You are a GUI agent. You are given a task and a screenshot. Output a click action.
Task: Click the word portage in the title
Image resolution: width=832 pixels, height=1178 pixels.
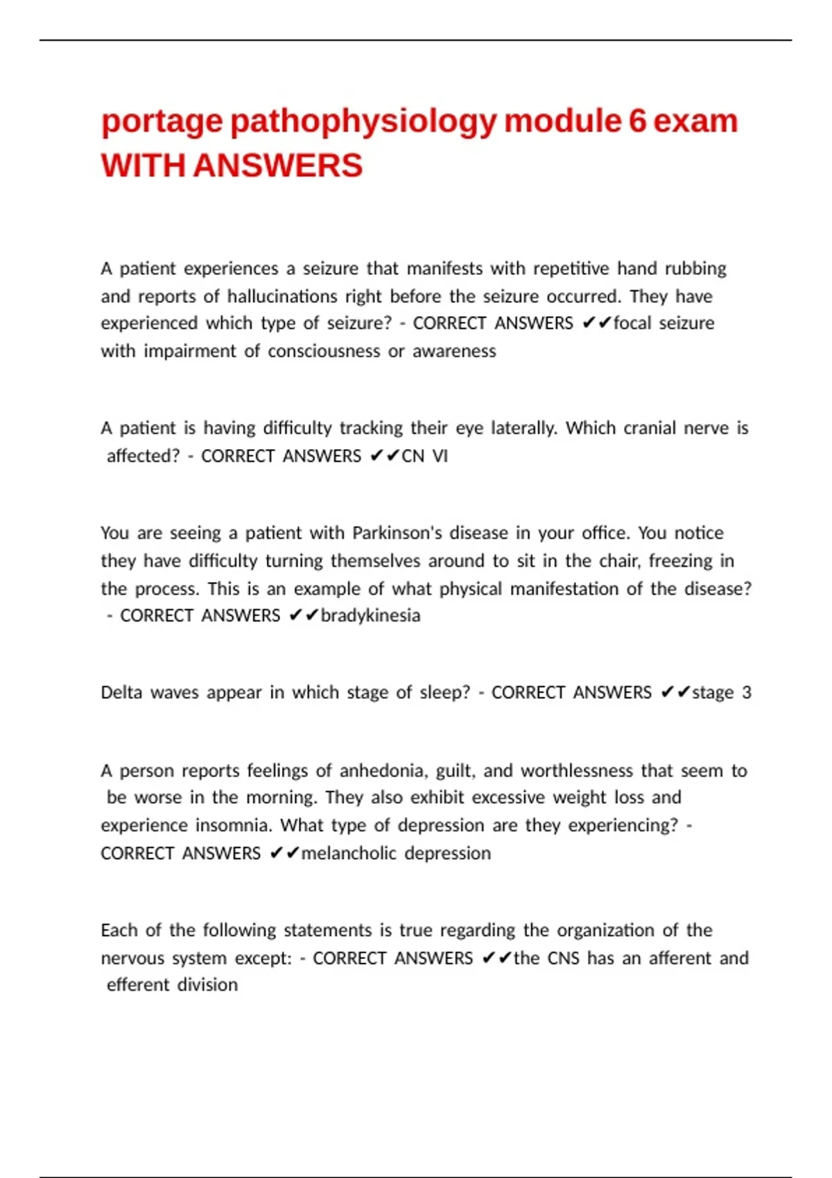[x=162, y=123]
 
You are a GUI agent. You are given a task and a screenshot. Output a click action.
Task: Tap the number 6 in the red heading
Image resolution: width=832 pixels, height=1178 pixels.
[x=638, y=121]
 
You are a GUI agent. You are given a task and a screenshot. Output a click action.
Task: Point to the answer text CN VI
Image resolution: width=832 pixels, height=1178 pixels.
[x=424, y=456]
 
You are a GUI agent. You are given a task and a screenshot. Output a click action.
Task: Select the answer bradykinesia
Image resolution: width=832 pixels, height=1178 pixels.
[x=370, y=615]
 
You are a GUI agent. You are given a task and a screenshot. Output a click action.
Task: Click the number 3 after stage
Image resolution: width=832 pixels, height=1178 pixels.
[x=746, y=692]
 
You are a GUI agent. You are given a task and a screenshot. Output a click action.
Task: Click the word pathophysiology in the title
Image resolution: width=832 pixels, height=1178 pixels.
[x=363, y=123]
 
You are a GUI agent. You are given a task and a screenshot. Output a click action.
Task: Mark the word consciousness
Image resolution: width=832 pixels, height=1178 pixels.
[x=324, y=351]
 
